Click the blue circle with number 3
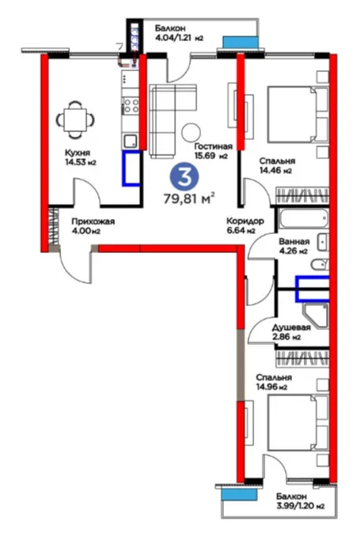(184, 177)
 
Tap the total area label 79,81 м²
(189, 198)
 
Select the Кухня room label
(78, 153)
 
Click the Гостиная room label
(213, 146)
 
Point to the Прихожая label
(93, 221)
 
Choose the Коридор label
(245, 221)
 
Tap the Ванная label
(294, 241)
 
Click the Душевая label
(291, 327)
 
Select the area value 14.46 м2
(275, 170)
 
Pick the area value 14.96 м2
(271, 387)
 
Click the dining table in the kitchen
(75, 119)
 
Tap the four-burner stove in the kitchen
(131, 106)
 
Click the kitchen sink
(131, 141)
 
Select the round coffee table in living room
(191, 132)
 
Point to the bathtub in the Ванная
(304, 218)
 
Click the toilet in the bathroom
(320, 265)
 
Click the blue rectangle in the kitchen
(131, 168)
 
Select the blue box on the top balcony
(241, 43)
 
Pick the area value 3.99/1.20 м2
(301, 506)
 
